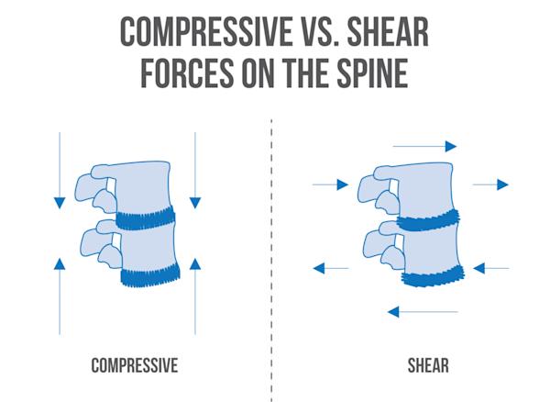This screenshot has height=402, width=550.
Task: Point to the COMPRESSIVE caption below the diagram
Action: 134,366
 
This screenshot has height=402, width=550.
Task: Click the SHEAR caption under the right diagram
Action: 427,366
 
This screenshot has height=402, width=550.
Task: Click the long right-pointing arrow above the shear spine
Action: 424,146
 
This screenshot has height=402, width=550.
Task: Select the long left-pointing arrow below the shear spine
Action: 422,312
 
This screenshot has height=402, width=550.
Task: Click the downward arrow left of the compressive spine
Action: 59,170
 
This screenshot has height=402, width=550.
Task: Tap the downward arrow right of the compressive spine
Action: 195,170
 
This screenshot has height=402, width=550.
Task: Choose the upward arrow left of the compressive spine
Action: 59,294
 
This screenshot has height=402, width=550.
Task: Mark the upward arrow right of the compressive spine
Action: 195,294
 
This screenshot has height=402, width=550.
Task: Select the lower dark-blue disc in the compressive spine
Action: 152,275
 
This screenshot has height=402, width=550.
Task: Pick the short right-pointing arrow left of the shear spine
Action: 330,184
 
